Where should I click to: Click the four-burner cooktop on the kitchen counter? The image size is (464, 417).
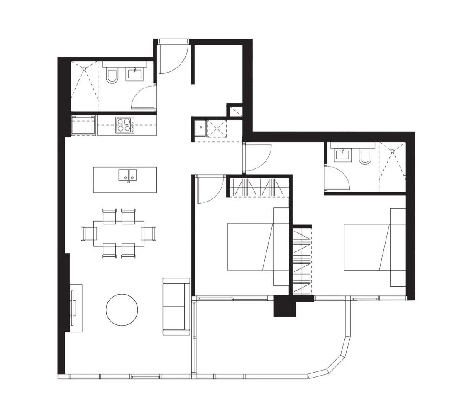pyautogui.click(x=124, y=125)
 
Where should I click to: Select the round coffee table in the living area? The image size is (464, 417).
pyautogui.click(x=122, y=310)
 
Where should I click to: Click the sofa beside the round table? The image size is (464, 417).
pyautogui.click(x=176, y=306)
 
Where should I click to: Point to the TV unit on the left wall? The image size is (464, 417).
pyautogui.click(x=75, y=307)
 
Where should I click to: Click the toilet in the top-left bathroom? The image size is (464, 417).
pyautogui.click(x=112, y=76)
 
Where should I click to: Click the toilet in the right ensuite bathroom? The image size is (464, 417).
pyautogui.click(x=365, y=156)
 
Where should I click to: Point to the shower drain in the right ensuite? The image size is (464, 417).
pyautogui.click(x=393, y=151)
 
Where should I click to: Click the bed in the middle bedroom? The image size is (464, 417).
pyautogui.click(x=257, y=247)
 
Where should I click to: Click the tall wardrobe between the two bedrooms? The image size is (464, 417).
pyautogui.click(x=302, y=261)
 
